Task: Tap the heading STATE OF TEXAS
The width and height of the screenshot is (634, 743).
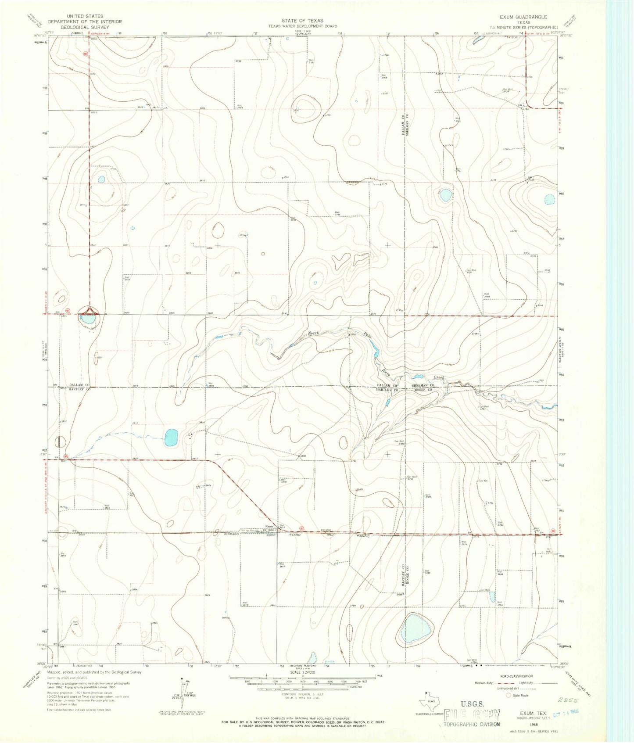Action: (302, 21)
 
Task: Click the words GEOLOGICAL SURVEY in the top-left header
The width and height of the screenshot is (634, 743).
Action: (85, 27)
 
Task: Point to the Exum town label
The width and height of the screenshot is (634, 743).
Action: (269, 527)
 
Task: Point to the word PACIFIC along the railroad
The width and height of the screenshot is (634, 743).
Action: (362, 536)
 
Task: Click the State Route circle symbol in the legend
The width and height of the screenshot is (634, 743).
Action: (509, 695)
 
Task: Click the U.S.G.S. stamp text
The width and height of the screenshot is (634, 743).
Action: (472, 704)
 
